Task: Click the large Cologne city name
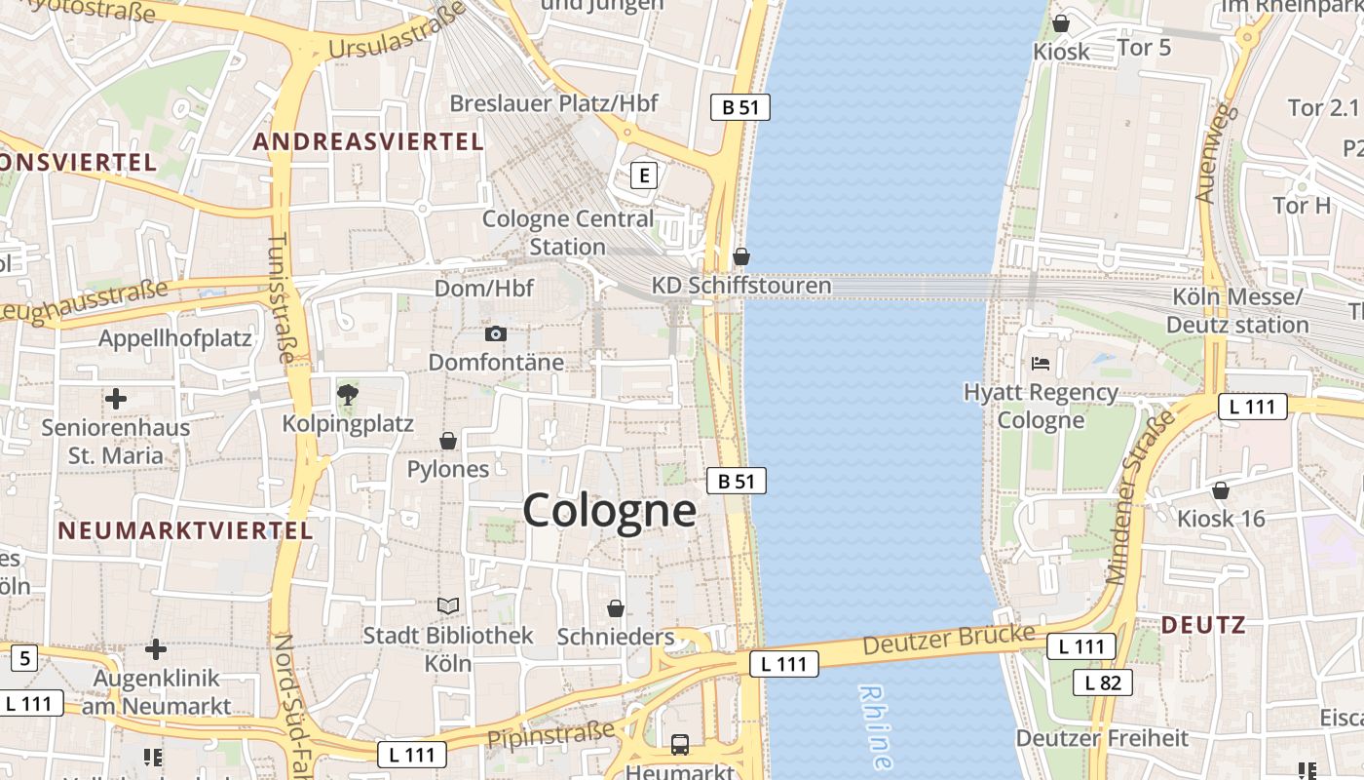tap(609, 510)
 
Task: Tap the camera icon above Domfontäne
tap(495, 334)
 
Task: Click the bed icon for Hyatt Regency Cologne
tap(1041, 364)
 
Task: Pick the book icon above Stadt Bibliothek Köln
tap(448, 606)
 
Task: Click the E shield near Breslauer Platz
tap(643, 175)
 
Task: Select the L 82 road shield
tap(1103, 682)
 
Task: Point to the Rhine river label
tap(875, 726)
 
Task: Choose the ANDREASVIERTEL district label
tap(368, 141)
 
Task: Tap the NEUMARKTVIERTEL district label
tap(185, 530)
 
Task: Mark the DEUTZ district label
tap(1204, 625)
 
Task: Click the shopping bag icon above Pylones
tap(448, 442)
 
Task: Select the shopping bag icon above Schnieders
tap(616, 609)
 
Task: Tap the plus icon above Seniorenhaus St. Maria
tap(116, 399)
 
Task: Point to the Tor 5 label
tap(1144, 47)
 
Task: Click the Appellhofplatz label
tap(175, 339)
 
